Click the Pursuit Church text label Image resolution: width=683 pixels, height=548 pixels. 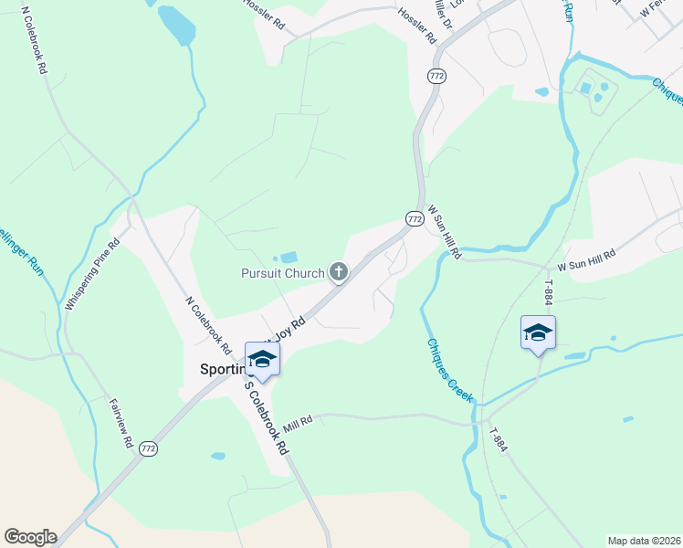(282, 273)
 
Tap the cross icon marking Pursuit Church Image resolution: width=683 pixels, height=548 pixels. (339, 271)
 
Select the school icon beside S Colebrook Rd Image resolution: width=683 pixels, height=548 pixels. (262, 358)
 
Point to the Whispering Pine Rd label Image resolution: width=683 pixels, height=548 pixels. (94, 274)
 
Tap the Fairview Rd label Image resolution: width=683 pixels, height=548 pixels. (121, 423)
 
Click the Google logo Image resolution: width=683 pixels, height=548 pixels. (30, 537)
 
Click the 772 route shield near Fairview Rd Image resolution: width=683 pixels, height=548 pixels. (149, 448)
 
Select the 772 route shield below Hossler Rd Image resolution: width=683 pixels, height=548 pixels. (436, 77)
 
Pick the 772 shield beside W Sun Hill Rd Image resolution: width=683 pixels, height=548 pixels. (415, 219)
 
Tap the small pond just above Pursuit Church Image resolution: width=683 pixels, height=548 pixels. (289, 258)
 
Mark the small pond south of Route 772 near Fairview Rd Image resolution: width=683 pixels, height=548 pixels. (217, 455)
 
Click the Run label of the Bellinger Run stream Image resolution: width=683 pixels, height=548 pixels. (25, 269)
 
